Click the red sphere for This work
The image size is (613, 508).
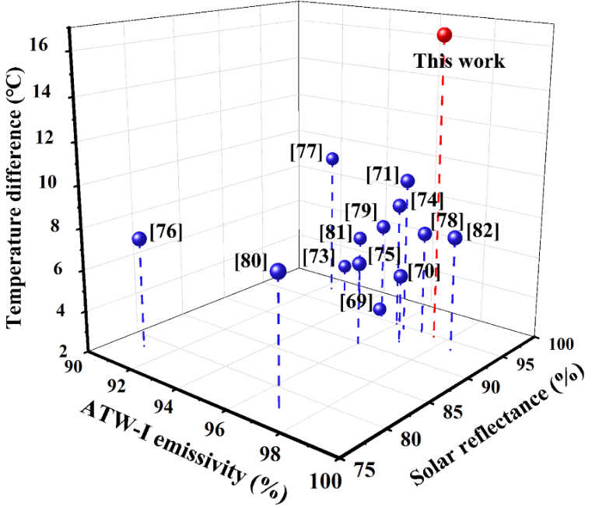(x=444, y=35)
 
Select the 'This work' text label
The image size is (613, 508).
(x=459, y=61)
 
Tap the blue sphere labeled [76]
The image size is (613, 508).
(x=139, y=239)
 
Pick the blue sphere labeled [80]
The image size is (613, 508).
(x=278, y=271)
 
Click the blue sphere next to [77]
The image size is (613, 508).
(x=332, y=159)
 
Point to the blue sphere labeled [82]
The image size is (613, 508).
(x=454, y=238)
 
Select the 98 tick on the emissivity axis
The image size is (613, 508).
(x=266, y=455)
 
